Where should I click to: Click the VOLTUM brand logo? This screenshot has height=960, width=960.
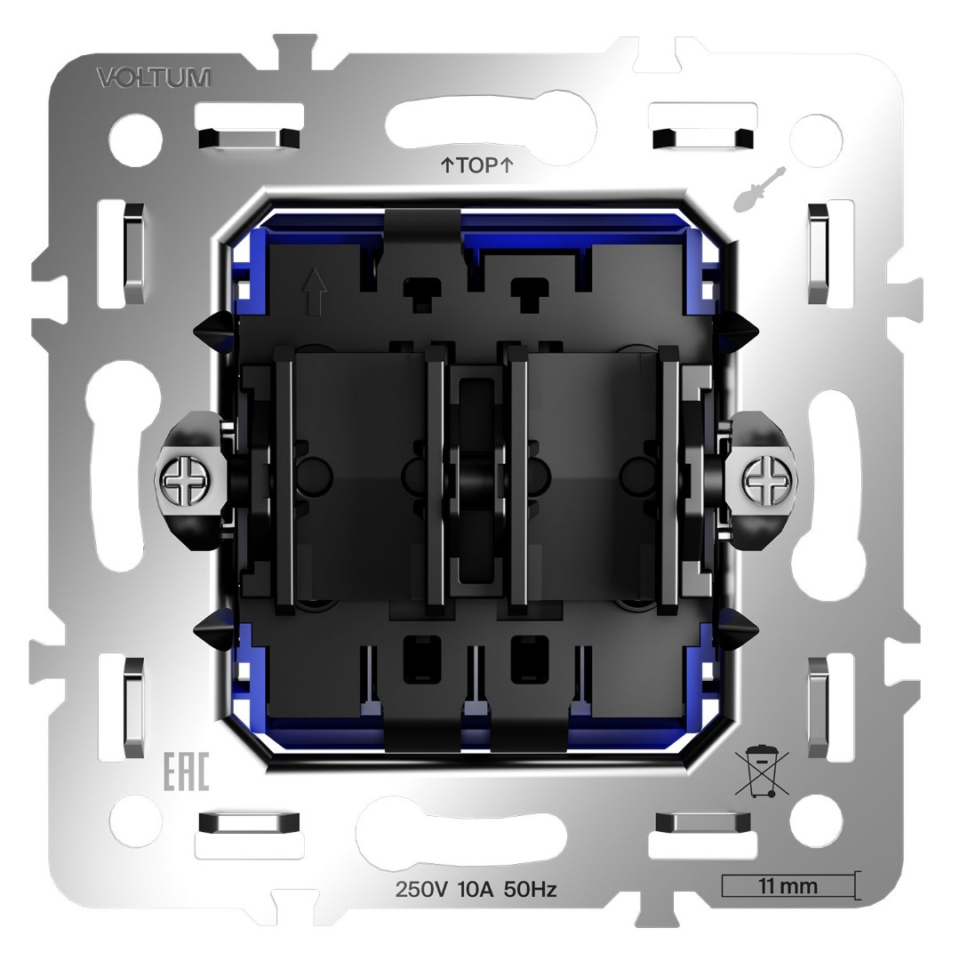[154, 78]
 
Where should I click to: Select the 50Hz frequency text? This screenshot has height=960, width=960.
[532, 889]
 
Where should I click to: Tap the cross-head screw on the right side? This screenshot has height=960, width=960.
[763, 481]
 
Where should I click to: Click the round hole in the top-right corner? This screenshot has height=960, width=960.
[819, 136]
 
